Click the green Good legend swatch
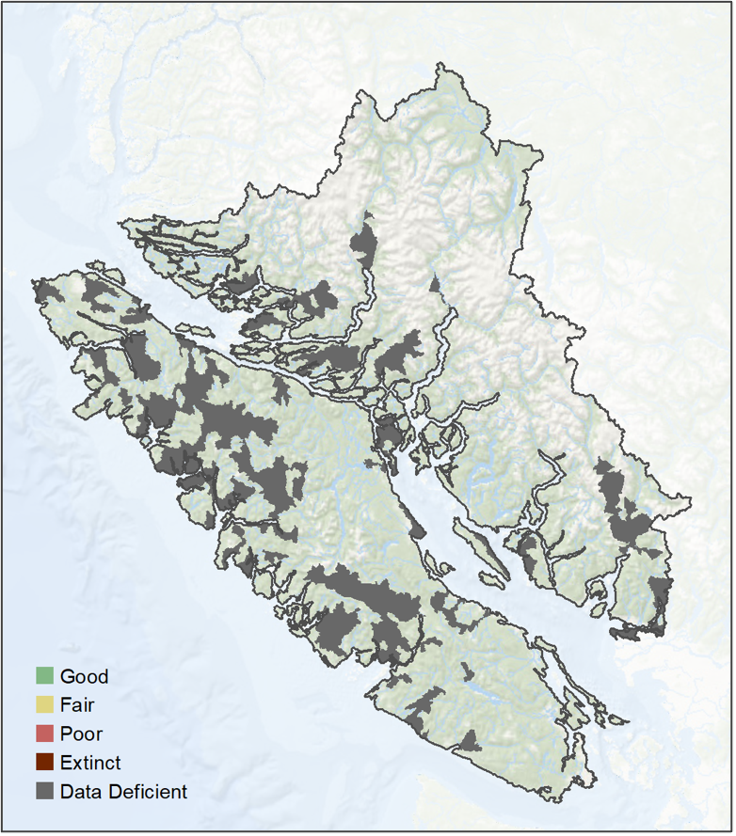(x=44, y=676)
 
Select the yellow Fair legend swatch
(x=44, y=704)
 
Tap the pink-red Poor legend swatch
(x=44, y=733)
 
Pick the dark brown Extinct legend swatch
(x=44, y=763)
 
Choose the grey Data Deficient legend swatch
(x=44, y=792)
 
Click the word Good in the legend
(x=84, y=676)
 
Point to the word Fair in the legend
(x=77, y=704)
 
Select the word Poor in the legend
(x=81, y=733)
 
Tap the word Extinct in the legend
(x=90, y=763)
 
